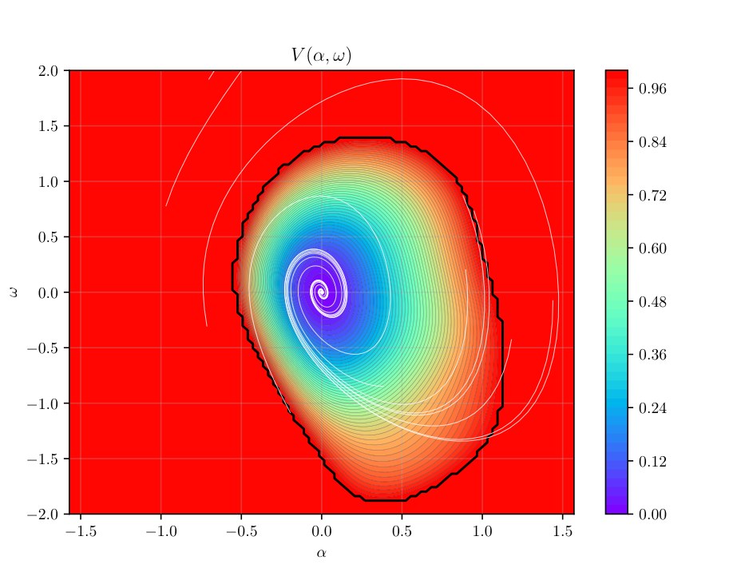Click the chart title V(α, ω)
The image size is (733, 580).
coord(321,55)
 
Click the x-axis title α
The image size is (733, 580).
coord(321,553)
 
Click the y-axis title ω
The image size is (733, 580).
coord(14,292)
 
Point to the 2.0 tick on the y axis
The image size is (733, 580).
coord(48,71)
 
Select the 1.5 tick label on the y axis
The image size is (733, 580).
coord(48,126)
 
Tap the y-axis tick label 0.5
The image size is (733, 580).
coord(48,237)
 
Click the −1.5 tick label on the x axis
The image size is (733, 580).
coord(81,531)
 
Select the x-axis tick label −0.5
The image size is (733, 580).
coord(241,531)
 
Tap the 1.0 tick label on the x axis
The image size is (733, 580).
coord(482,531)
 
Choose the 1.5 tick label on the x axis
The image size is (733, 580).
coord(563,531)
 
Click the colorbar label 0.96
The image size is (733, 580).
coord(652,89)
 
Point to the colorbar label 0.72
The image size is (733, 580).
coord(652,195)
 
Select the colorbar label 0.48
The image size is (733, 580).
coord(652,302)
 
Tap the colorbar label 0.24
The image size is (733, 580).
coord(652,408)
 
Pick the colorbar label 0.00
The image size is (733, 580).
coord(652,514)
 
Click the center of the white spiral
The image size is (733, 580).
coord(322,292)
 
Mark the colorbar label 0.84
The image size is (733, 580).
coord(652,141)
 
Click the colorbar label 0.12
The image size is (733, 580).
coord(652,462)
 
